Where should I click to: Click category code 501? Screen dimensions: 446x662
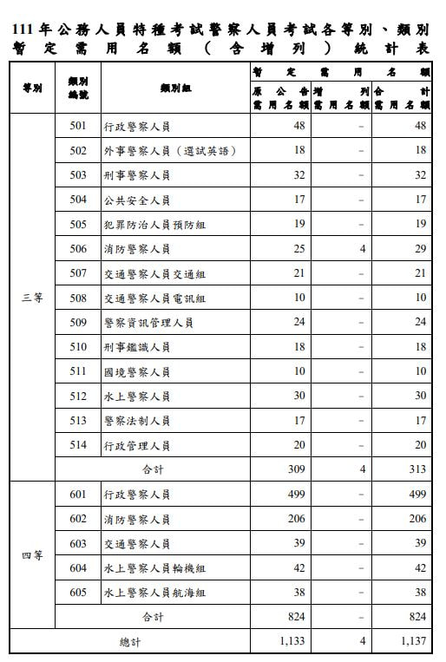pos(78,125)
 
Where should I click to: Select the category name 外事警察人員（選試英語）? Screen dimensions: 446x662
pos(169,150)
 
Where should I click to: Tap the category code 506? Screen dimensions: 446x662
pos(78,249)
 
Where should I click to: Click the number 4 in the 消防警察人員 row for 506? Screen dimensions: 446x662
pos(363,249)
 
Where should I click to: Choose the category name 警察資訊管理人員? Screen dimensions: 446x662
pos(148,323)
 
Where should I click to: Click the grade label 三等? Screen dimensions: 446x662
pos(32,298)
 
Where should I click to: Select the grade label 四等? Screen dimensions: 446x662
pos(32,556)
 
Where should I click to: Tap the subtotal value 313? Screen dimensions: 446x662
pos(417,469)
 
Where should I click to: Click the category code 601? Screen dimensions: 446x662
pos(78,495)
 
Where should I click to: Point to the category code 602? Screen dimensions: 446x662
pos(78,519)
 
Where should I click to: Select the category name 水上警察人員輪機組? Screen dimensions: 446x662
pos(154,568)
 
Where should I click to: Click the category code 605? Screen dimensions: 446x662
pos(78,593)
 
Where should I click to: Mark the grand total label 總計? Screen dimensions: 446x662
pos(129,642)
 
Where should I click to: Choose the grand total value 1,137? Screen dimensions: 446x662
pos(413,642)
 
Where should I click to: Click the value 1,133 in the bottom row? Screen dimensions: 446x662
pos(292,642)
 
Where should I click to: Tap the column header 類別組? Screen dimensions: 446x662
pos(175,88)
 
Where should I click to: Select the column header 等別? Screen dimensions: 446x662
pos(32,88)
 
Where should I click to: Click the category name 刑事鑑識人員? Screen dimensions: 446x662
pos(136,347)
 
